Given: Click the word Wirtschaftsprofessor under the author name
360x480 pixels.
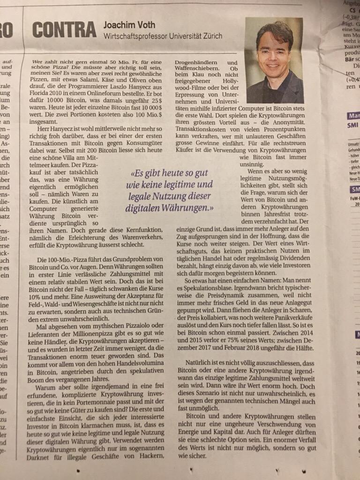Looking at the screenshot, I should pyautogui.click(x=137, y=36).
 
